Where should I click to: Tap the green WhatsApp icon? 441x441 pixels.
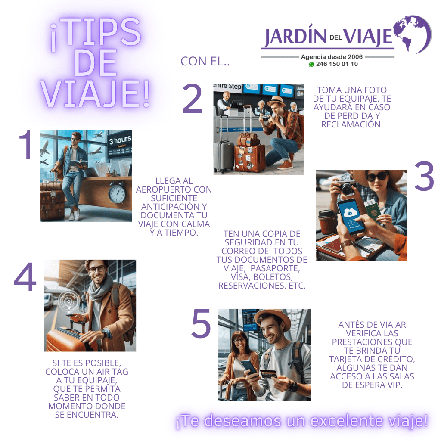tap(311, 65)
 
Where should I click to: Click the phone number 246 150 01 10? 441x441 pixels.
tap(337, 64)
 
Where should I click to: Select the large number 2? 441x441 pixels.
tap(193, 99)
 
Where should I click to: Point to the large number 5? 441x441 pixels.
tap(201, 323)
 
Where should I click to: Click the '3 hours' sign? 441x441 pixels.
tap(120, 140)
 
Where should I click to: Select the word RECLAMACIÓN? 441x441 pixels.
tap(352, 124)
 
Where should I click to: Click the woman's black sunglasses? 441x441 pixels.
tap(376, 177)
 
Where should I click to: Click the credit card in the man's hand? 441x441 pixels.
tap(269, 374)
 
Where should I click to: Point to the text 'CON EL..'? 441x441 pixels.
tap(205, 61)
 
